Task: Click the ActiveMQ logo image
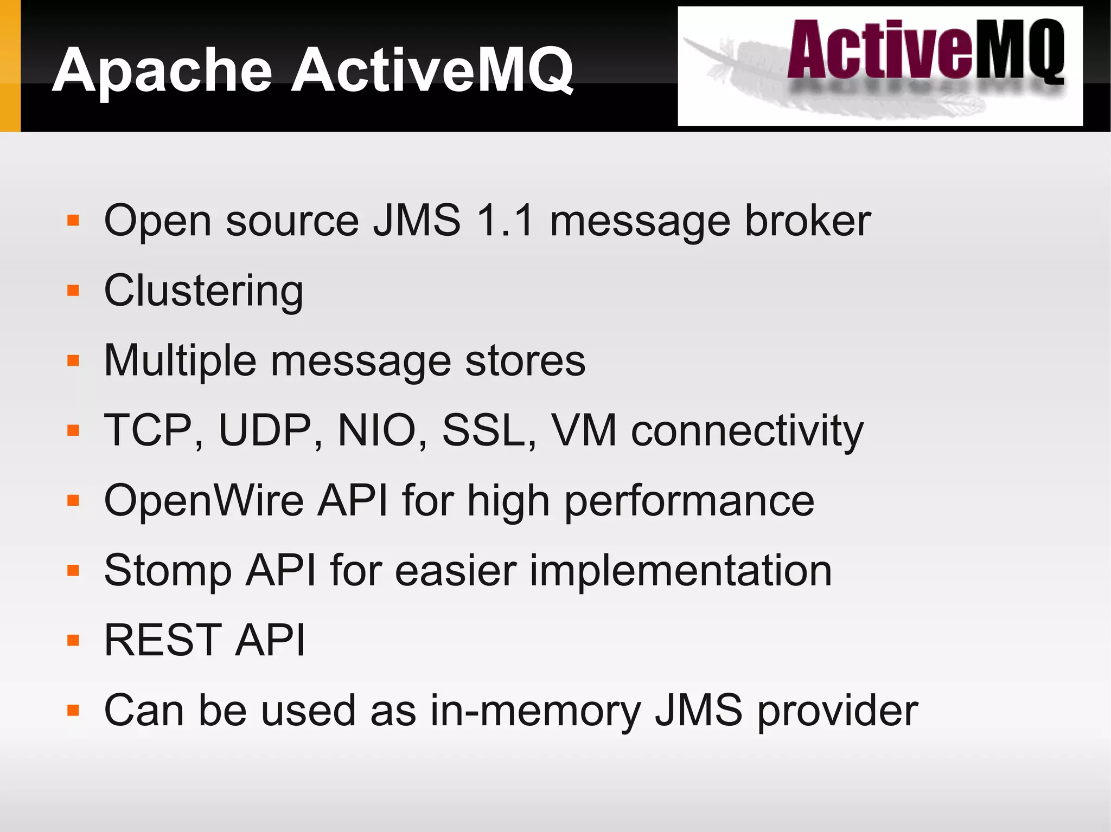click(880, 66)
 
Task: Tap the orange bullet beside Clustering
click(73, 291)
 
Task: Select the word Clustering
click(203, 291)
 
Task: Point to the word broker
click(808, 221)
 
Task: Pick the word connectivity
click(747, 431)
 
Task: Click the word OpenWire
click(204, 500)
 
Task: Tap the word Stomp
click(168, 571)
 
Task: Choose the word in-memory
click(536, 711)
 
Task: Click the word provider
click(837, 711)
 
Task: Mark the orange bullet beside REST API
click(73, 641)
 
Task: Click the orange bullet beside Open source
click(73, 221)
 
